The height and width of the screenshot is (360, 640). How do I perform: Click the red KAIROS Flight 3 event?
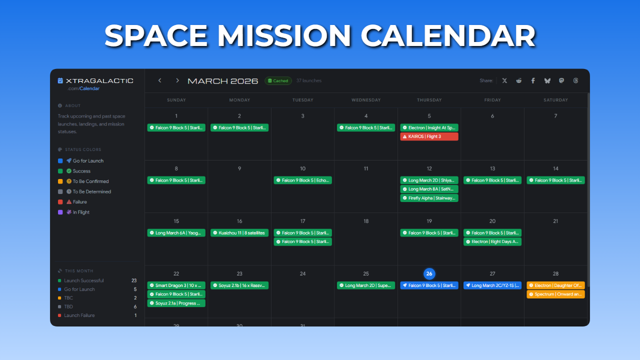pos(429,136)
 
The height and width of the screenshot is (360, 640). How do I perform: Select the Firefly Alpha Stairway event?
pos(429,198)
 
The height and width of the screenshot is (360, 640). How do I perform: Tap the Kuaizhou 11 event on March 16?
pos(239,233)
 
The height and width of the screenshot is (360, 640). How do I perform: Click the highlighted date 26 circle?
pos(429,273)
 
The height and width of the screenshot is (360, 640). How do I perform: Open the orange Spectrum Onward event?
pos(555,294)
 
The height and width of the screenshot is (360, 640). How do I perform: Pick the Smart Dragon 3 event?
pos(176,285)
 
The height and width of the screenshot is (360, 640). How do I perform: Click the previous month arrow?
pos(160,80)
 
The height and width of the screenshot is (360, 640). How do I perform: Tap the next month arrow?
pos(177,80)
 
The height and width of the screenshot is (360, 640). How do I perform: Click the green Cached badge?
pos(278,81)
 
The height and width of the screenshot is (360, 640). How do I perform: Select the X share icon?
pos(504,80)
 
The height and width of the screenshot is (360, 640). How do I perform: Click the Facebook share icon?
pos(533,80)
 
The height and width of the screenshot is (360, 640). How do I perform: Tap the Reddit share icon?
pos(519,80)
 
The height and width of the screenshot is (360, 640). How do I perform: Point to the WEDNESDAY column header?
pos(366,100)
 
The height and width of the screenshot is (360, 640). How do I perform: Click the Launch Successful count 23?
pos(134,280)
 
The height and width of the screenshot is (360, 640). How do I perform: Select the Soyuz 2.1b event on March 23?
pos(239,285)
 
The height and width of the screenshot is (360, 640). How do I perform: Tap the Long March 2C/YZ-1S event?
pos(492,285)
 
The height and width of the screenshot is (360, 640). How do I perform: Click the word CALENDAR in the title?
pos(447,36)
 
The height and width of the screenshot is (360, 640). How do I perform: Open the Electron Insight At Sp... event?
pos(429,128)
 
